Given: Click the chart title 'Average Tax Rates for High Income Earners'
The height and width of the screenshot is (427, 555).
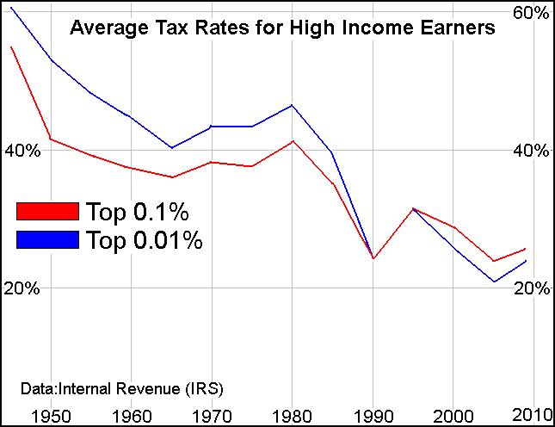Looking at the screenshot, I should [x=281, y=28].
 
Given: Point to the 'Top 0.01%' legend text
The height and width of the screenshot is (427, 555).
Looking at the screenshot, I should [x=144, y=240].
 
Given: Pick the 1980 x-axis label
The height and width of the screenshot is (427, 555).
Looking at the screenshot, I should [x=293, y=414].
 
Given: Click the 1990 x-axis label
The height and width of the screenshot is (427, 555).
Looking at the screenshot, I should [x=375, y=414].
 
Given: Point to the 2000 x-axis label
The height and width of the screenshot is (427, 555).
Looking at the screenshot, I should [x=456, y=414].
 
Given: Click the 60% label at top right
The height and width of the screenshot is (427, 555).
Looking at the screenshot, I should [x=530, y=13].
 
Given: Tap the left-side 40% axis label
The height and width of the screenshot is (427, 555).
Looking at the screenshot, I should [x=22, y=151].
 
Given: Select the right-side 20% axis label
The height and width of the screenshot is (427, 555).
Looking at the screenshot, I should [x=530, y=288].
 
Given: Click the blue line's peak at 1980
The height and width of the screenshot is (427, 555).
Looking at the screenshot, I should [x=293, y=105].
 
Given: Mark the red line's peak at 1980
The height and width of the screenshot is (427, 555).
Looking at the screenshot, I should [x=293, y=141].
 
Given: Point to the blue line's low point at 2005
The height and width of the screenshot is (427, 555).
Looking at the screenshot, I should [x=494, y=282].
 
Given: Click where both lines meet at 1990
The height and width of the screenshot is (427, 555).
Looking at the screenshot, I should [x=373, y=258].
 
